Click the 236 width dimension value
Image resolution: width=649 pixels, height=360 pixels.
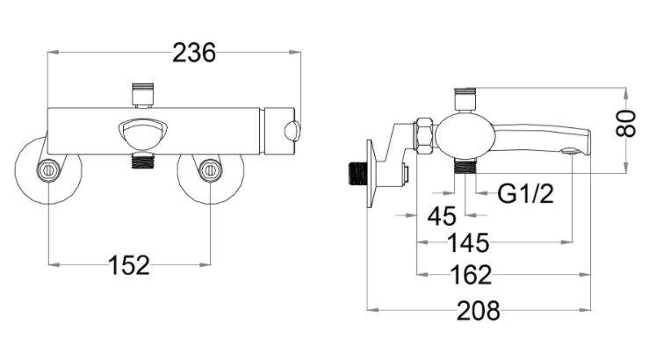click(193, 53)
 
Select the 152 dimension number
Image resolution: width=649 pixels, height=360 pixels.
click(129, 264)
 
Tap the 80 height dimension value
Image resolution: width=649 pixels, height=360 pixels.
click(625, 124)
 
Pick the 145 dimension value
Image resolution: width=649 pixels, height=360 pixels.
click(468, 241)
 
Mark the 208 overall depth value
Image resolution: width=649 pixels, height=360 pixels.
click(479, 310)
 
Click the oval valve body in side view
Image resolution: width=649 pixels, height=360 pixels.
click(463, 133)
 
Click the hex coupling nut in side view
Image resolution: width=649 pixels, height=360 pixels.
click(423, 134)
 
